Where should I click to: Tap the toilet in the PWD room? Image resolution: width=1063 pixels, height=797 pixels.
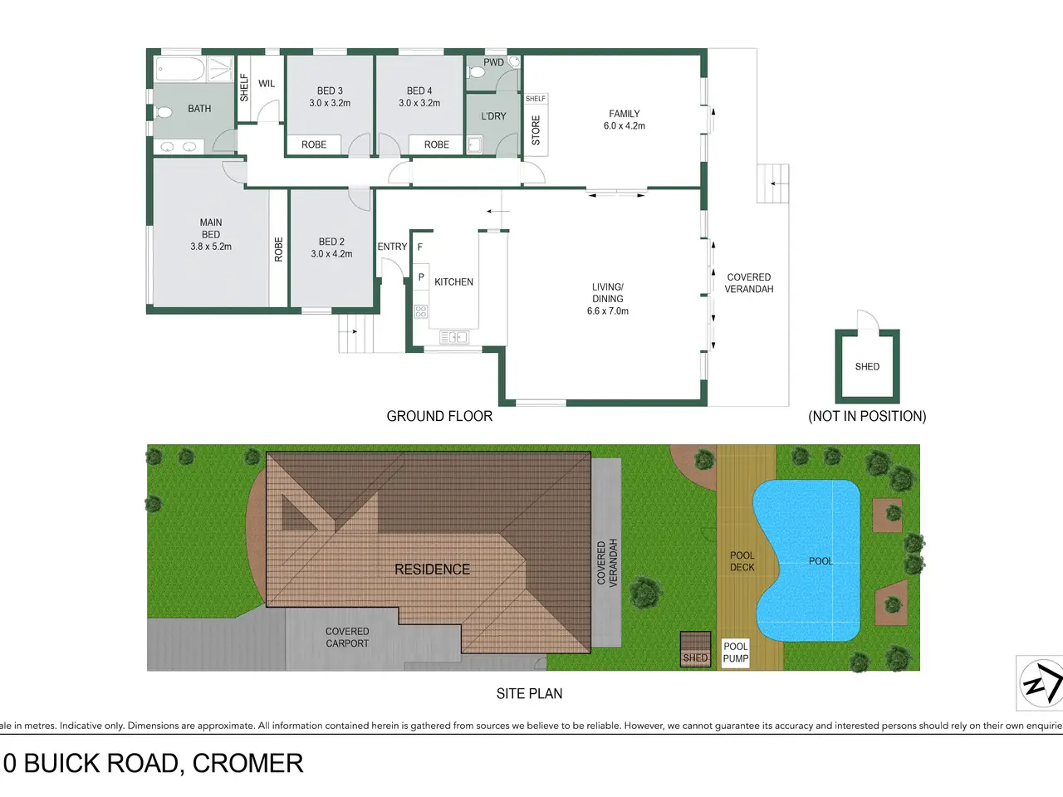point(476,72)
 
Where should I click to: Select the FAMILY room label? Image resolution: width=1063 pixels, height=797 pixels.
point(625,114)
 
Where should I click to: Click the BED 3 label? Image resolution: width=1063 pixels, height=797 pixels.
point(330,90)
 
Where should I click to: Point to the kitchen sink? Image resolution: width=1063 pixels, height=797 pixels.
point(453,337)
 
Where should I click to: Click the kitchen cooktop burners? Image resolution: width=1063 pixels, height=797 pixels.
point(421,311)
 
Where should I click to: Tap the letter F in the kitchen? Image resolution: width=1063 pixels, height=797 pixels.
point(420,247)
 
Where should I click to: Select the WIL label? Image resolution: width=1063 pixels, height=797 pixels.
point(267,83)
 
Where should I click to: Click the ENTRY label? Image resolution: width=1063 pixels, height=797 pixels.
point(392,247)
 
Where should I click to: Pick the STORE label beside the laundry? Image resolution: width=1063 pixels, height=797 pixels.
point(536,130)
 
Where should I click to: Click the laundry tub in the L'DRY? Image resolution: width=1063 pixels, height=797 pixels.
point(474,144)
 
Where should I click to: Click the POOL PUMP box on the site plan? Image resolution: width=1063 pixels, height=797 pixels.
point(736,653)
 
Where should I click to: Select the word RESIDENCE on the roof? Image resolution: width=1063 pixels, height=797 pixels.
point(432,569)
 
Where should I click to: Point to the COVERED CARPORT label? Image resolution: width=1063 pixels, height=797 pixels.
point(347,638)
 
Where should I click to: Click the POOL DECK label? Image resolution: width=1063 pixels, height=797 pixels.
point(742,561)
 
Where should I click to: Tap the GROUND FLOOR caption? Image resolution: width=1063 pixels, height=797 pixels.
point(439,416)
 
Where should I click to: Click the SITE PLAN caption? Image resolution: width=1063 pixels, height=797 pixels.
point(529,693)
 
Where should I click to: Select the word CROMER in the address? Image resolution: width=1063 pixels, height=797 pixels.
point(247,763)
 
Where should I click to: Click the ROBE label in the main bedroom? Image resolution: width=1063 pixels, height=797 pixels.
point(278,249)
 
